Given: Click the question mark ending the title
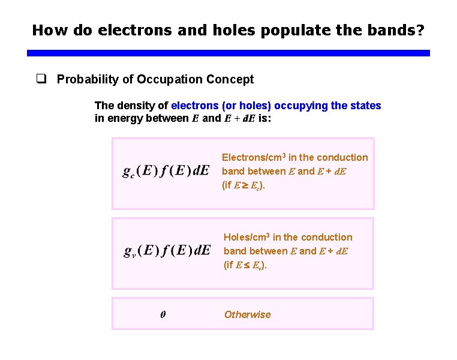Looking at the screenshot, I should pyautogui.click(x=425, y=29).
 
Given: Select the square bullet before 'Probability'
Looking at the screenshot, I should pyautogui.click(x=41, y=79).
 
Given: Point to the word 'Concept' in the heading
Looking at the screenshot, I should pyautogui.click(x=230, y=79).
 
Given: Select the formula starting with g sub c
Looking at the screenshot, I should pyautogui.click(x=166, y=170).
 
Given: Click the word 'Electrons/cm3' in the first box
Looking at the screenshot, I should pyautogui.click(x=254, y=157).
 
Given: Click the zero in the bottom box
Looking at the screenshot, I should pyautogui.click(x=163, y=314).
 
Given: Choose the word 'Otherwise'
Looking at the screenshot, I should pyautogui.click(x=247, y=314).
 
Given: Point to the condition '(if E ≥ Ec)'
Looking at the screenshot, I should pyautogui.click(x=243, y=185).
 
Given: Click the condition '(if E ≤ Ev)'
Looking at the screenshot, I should pyautogui.click(x=245, y=265).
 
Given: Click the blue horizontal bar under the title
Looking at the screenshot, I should pyautogui.click(x=228, y=53).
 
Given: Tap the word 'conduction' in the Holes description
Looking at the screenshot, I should pyautogui.click(x=329, y=237).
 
